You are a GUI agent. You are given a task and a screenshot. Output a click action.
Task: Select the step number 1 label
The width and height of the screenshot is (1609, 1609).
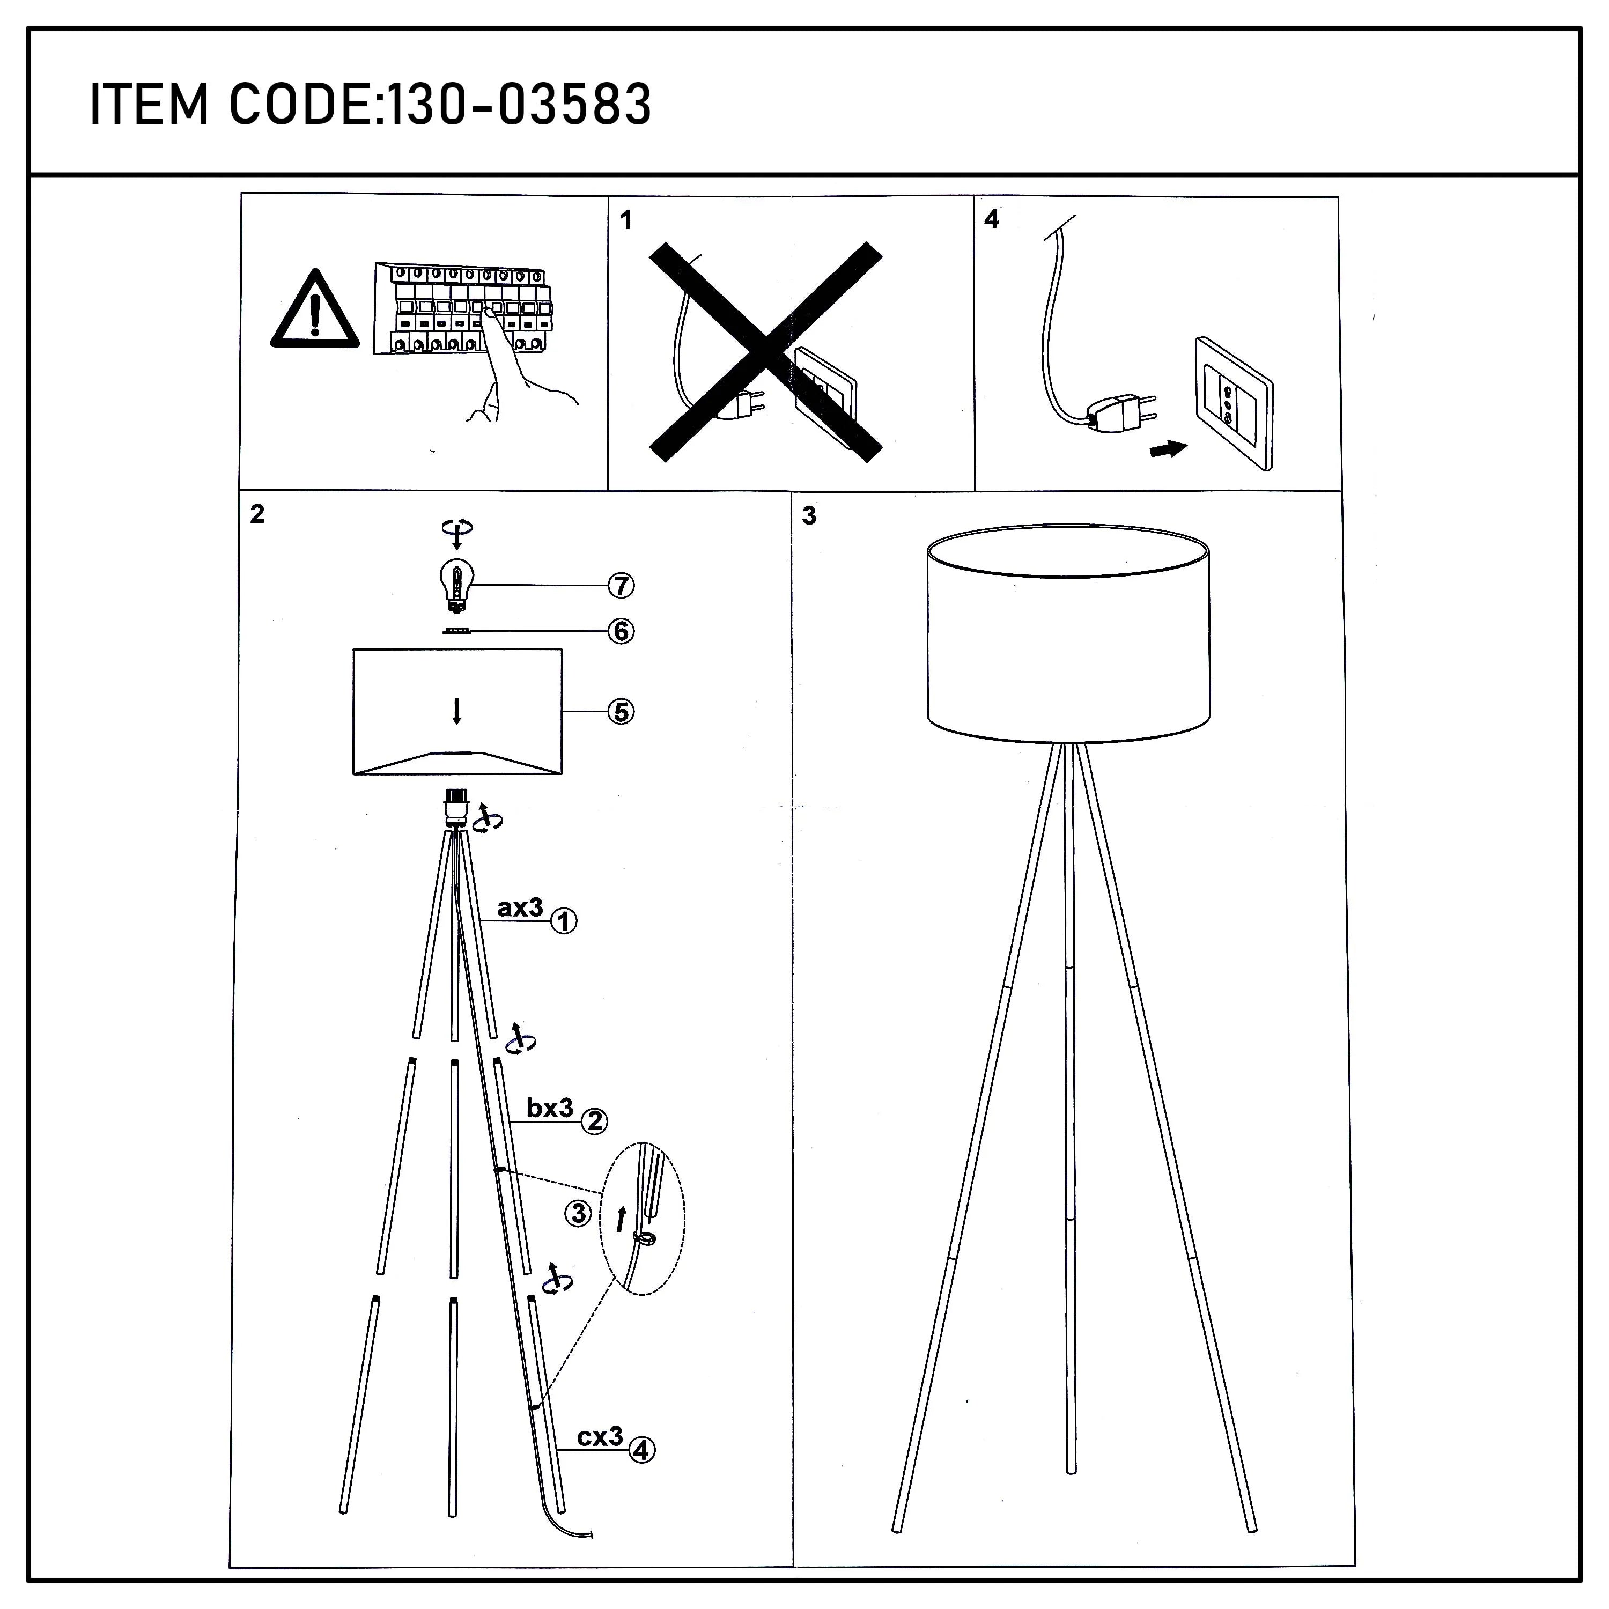(626, 220)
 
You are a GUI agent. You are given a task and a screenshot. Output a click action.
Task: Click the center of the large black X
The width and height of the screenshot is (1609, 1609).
(765, 351)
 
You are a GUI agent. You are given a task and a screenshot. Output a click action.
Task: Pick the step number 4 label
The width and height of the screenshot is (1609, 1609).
(991, 219)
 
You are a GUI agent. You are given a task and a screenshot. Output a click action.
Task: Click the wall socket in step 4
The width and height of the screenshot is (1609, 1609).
(1234, 403)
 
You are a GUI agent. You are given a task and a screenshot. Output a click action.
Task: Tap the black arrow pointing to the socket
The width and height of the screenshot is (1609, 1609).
(1168, 450)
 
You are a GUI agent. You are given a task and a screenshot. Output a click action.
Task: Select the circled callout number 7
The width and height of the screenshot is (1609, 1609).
(621, 586)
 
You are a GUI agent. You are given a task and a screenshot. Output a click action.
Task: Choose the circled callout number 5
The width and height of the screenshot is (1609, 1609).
(621, 712)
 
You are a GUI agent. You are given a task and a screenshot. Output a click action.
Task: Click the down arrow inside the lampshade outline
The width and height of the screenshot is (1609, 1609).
(456, 711)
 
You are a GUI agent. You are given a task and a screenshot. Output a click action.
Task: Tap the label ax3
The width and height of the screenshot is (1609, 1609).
(520, 908)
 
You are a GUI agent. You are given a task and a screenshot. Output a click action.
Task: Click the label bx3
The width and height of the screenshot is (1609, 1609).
(550, 1108)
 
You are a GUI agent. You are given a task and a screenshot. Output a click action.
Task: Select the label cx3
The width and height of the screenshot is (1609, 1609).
(600, 1437)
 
